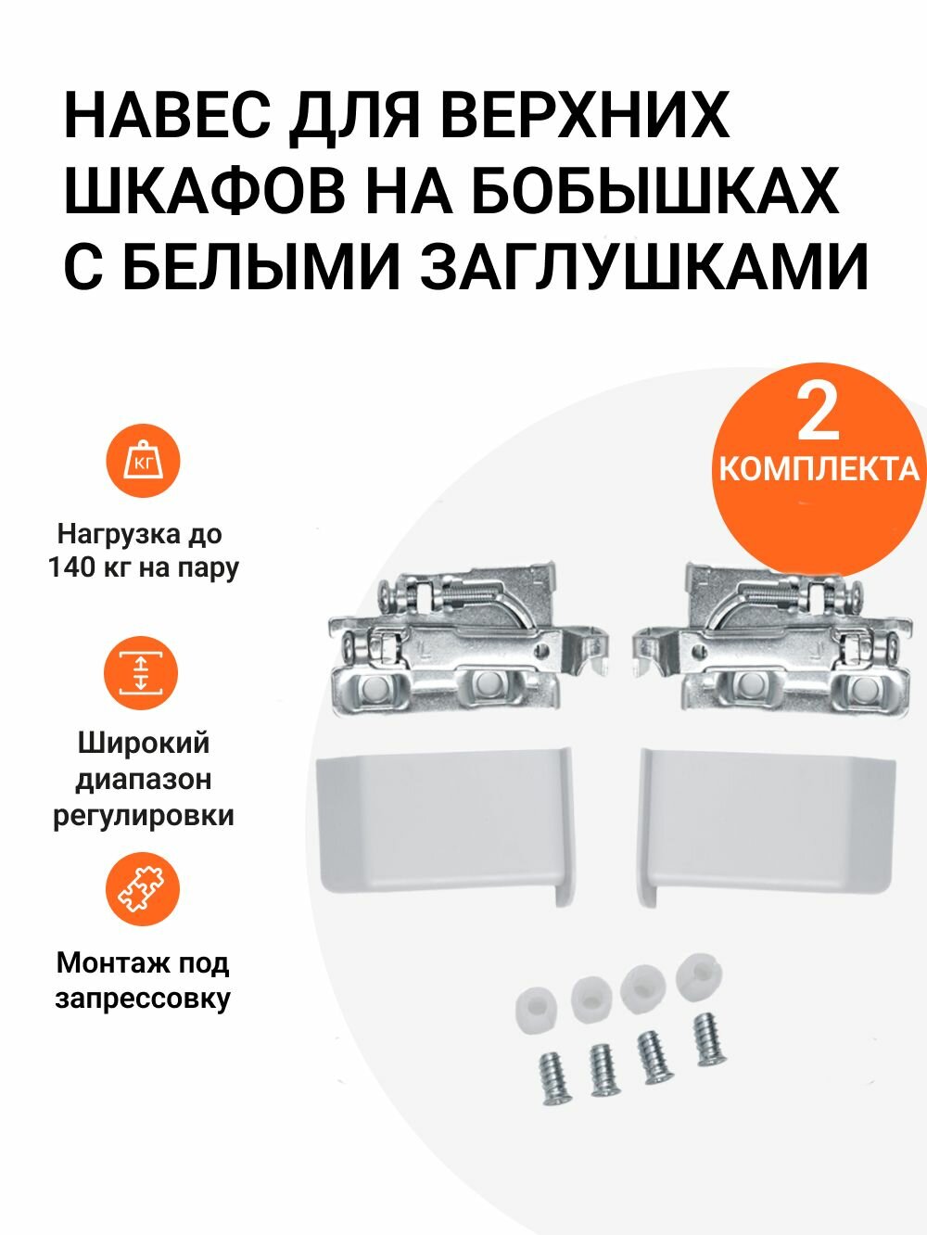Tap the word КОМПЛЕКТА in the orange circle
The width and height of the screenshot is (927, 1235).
(x=819, y=468)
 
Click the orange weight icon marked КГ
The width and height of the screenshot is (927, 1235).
(x=142, y=462)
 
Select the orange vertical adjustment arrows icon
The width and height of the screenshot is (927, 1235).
(x=142, y=673)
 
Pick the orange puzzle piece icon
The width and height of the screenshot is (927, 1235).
(x=142, y=889)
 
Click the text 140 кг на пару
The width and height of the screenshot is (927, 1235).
(x=144, y=567)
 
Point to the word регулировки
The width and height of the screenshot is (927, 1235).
(x=144, y=816)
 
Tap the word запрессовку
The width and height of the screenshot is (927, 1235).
(x=143, y=999)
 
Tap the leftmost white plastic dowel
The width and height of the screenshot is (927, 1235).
(x=535, y=1008)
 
